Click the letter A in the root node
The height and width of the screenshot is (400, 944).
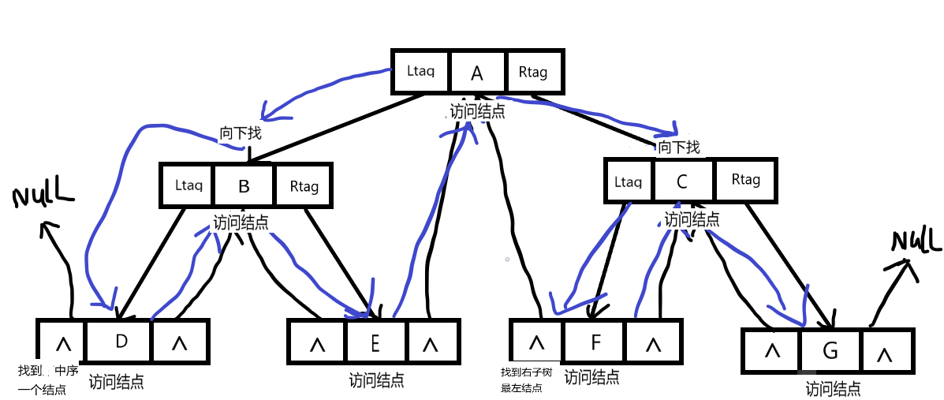click(477, 73)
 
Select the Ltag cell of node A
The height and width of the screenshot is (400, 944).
click(420, 72)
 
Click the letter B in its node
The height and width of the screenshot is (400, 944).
click(244, 186)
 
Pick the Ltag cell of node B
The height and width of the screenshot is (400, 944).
click(188, 185)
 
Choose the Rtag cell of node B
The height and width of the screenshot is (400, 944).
click(303, 185)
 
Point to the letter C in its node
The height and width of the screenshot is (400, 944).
click(681, 181)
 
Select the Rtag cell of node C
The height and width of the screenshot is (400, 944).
click(745, 180)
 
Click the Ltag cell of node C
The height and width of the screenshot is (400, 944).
click(628, 180)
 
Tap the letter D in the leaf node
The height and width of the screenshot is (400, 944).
click(121, 342)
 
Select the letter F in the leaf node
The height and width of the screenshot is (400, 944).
click(595, 342)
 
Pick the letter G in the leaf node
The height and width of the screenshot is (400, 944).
click(830, 351)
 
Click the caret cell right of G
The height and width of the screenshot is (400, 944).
click(884, 350)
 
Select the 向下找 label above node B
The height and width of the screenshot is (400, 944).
click(241, 133)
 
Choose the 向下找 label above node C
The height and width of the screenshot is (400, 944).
click(679, 147)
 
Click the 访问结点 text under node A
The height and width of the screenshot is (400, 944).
click(477, 111)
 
